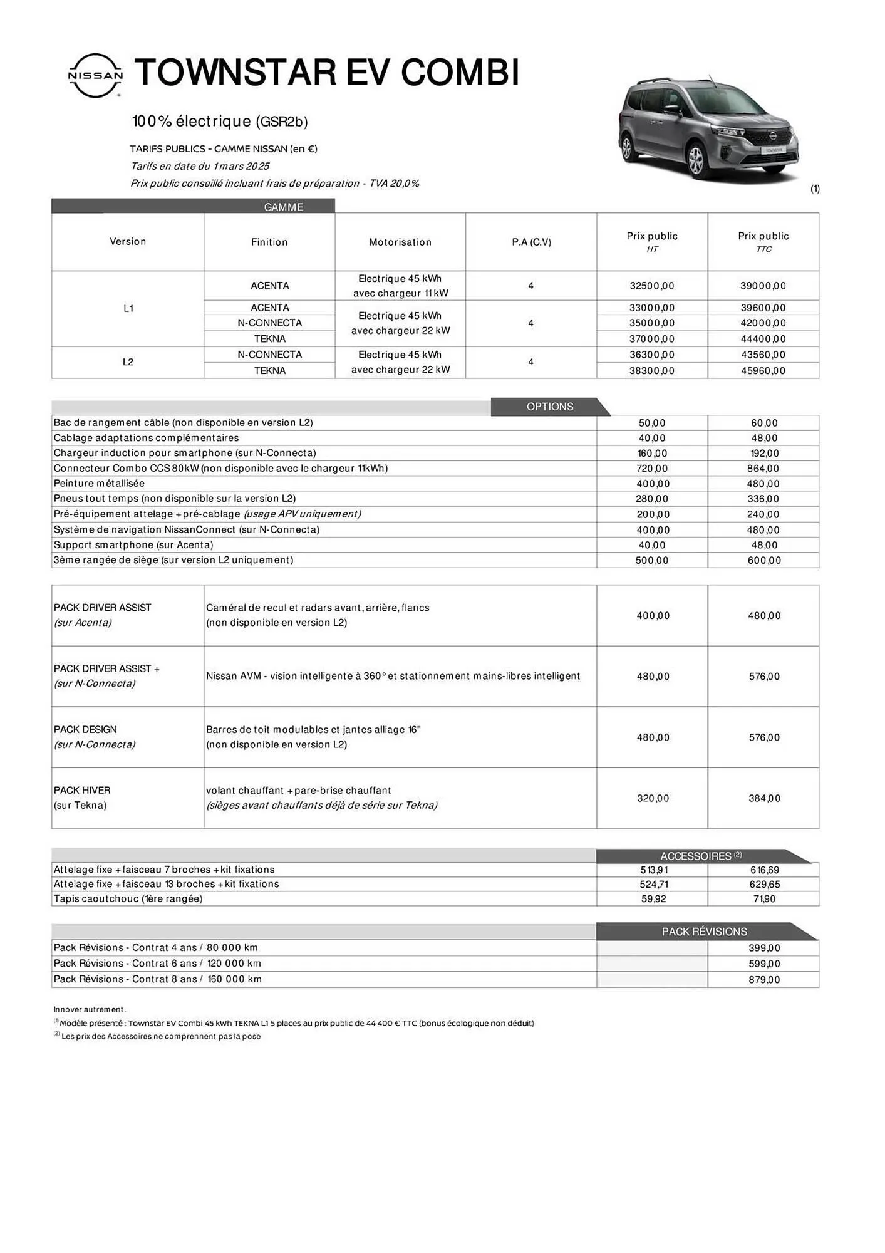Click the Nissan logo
95,75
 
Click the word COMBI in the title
460,73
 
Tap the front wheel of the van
696,159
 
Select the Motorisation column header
400,242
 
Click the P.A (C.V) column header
531,242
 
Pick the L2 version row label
128,362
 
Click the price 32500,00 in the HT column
652,286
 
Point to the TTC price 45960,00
763,371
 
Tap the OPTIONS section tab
549,407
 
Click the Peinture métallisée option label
99,484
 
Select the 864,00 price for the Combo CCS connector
764,469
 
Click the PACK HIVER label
82,791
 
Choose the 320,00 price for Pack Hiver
653,799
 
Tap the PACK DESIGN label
85,730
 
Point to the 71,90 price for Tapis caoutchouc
764,899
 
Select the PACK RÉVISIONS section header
704,932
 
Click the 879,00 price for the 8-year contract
764,980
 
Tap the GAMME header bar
284,207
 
